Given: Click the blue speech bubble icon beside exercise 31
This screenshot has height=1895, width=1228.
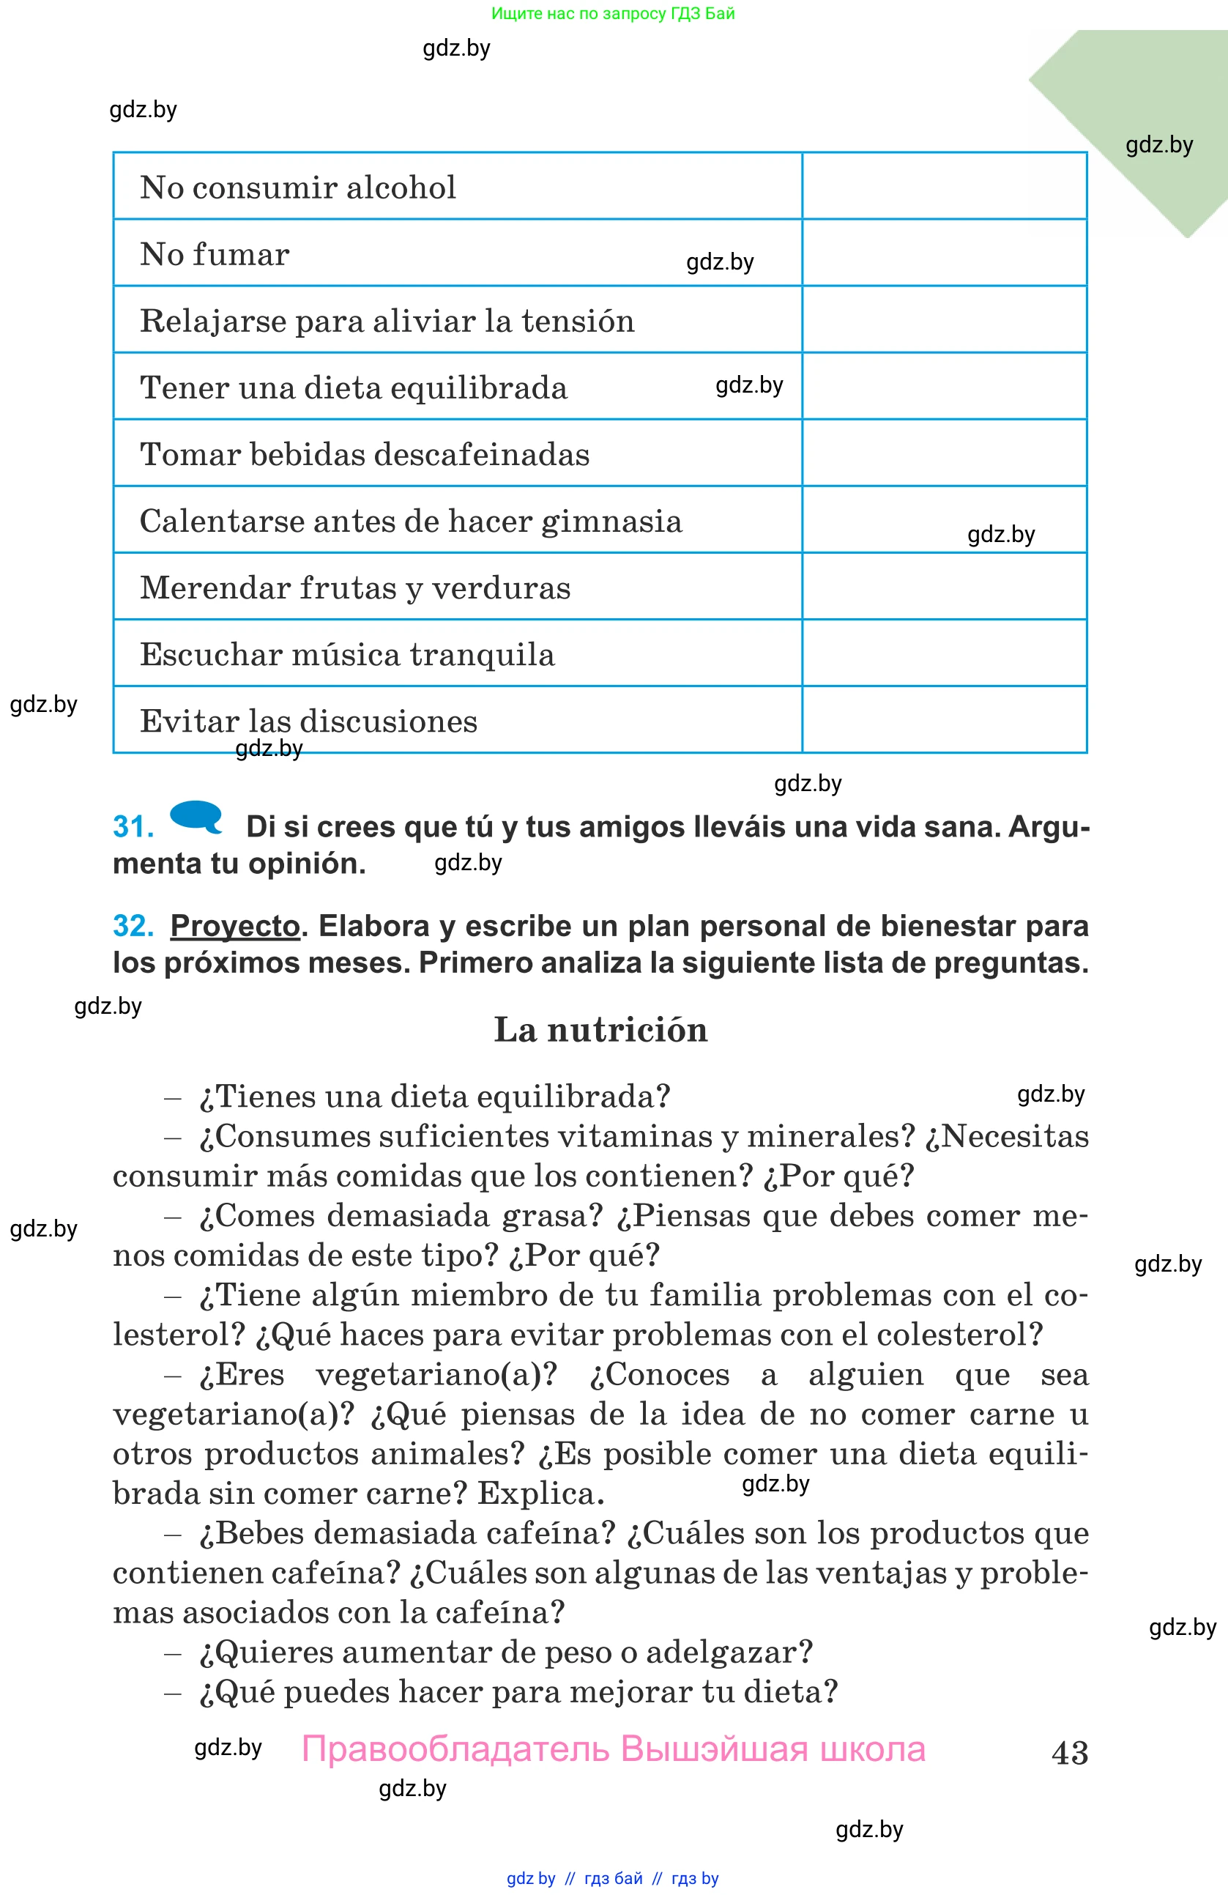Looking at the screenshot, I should [x=196, y=816].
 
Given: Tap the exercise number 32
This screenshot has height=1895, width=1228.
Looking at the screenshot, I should [x=133, y=926].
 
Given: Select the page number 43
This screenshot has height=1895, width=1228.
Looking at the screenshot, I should [x=1069, y=1752].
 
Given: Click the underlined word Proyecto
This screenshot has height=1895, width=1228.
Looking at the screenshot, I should [x=235, y=927].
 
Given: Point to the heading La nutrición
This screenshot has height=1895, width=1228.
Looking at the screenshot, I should [x=600, y=1029].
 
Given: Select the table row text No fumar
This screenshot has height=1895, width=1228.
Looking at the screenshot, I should [x=214, y=255].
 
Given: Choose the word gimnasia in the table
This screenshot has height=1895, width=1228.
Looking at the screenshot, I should [x=611, y=522].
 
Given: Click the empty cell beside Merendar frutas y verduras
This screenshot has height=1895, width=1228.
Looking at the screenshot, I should [x=944, y=587].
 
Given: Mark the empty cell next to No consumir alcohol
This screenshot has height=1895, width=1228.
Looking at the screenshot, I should [x=944, y=186].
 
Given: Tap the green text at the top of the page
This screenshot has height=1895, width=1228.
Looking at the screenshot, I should [x=613, y=13].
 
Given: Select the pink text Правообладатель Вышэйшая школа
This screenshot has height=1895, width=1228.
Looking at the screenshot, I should [x=613, y=1750].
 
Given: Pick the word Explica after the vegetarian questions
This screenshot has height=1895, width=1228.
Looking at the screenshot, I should [x=540, y=1494].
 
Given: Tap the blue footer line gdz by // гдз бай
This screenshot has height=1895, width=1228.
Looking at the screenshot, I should [x=613, y=1878].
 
